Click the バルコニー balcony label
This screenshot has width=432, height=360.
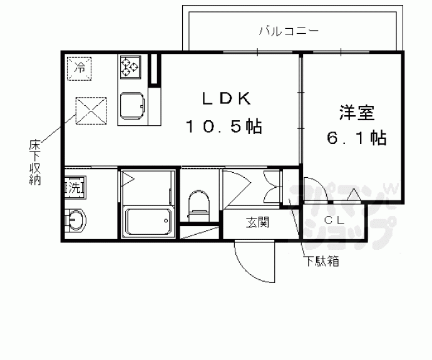coord(289,30)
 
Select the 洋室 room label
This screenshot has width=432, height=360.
coord(357,113)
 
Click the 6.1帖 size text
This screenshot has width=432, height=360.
coord(356,138)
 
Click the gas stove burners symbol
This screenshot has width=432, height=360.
coord(132,65)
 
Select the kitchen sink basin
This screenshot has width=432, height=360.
coord(132,105)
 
